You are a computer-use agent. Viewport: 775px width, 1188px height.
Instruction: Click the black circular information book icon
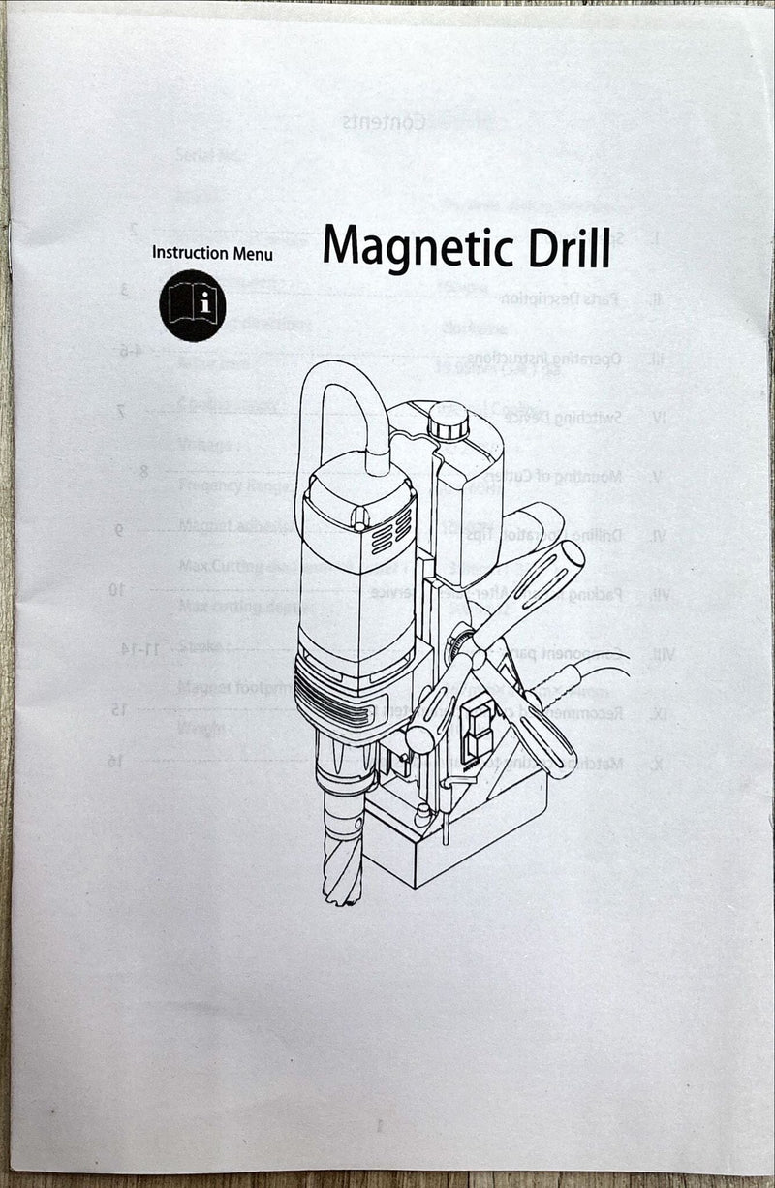click(193, 306)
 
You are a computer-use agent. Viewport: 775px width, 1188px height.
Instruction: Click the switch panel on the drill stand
click(478, 732)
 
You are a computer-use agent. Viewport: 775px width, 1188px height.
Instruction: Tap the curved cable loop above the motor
click(334, 392)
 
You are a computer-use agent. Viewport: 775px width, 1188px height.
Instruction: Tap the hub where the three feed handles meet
click(476, 659)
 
